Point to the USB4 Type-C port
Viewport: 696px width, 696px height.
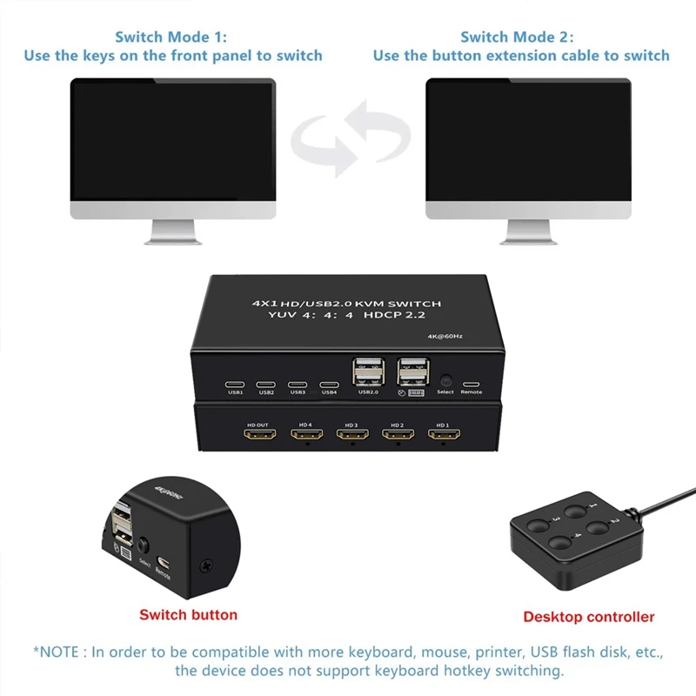point(329,384)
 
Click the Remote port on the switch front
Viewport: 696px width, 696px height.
point(471,383)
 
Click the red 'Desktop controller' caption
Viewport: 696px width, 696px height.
point(588,617)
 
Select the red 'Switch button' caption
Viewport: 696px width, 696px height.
point(188,614)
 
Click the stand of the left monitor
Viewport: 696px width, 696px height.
point(174,231)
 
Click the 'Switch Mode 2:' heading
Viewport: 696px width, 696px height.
point(517,37)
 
